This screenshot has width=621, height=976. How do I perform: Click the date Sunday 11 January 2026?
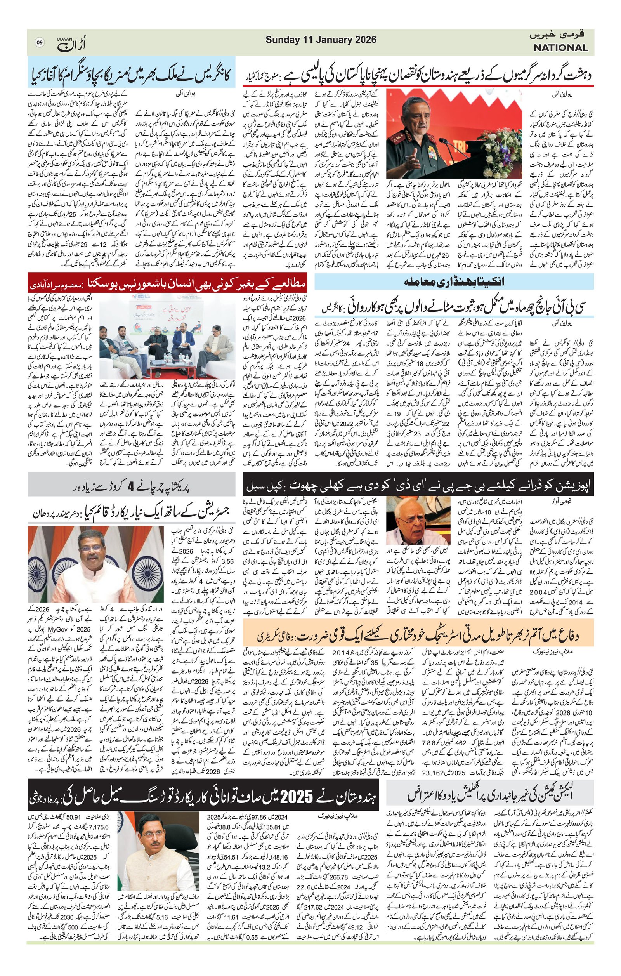(321, 40)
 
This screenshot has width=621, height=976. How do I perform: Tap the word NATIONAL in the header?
(560, 48)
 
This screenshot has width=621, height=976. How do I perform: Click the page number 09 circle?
(39, 42)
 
